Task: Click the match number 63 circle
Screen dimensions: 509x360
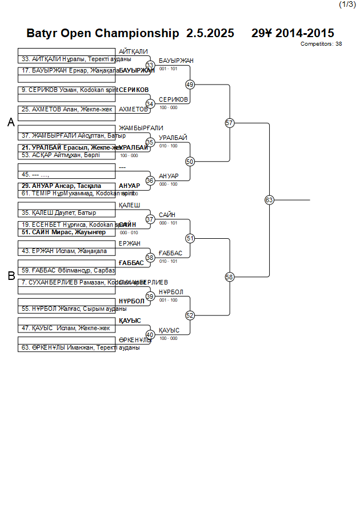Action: point(269,200)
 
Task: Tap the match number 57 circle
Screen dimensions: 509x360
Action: point(230,123)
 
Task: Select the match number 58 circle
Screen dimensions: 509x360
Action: point(230,277)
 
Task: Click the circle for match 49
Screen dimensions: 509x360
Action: point(190,85)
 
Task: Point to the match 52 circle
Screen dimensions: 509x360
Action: point(190,315)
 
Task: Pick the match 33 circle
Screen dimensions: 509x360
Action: point(150,65)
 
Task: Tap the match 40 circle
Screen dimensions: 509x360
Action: point(150,335)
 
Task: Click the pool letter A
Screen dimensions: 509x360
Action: point(11,122)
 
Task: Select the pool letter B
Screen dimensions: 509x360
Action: point(11,276)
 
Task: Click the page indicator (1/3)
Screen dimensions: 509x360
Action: point(347,5)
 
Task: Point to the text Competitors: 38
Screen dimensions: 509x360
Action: point(321,43)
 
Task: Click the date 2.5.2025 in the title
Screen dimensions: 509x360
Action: point(210,33)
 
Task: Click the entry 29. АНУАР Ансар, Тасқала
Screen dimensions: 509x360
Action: point(62,186)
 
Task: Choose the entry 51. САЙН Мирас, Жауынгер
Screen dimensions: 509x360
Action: point(63,232)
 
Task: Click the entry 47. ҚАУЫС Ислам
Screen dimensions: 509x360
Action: point(65,328)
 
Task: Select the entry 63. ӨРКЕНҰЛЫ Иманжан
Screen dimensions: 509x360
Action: point(80,347)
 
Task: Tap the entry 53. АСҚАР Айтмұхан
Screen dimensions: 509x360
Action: point(61,155)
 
